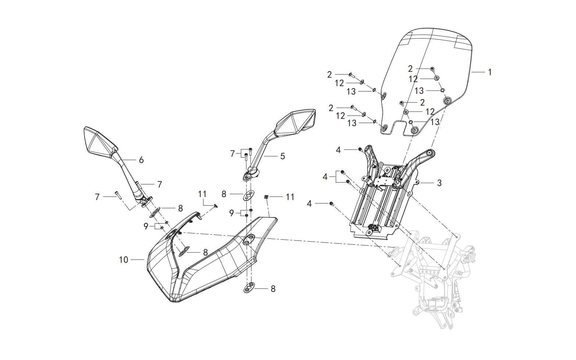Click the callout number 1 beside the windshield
pyautogui.click(x=490, y=72)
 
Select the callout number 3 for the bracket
pyautogui.click(x=439, y=183)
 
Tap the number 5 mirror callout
pyautogui.click(x=282, y=156)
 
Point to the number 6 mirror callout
pyautogui.click(x=141, y=160)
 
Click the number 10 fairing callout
pyautogui.click(x=124, y=259)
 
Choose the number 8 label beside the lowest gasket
pyautogui.click(x=273, y=289)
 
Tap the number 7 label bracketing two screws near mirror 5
pyautogui.click(x=232, y=154)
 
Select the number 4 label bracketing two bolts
pyautogui.click(x=325, y=177)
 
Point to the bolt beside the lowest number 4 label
pyautogui.click(x=332, y=204)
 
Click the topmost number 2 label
pyautogui.click(x=410, y=69)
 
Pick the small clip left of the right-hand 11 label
pyautogui.click(x=266, y=197)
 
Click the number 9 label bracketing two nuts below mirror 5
pyautogui.click(x=232, y=213)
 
